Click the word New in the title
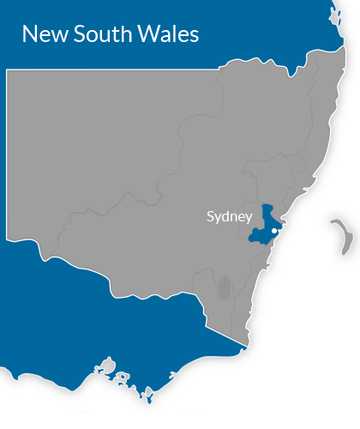(40, 34)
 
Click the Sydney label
(229, 216)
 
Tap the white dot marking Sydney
(274, 230)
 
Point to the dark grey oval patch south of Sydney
(224, 287)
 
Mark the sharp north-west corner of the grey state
(8, 71)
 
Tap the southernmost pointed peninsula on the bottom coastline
(147, 396)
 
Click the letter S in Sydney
(211, 216)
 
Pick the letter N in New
(28, 34)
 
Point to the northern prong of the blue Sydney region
(268, 209)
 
